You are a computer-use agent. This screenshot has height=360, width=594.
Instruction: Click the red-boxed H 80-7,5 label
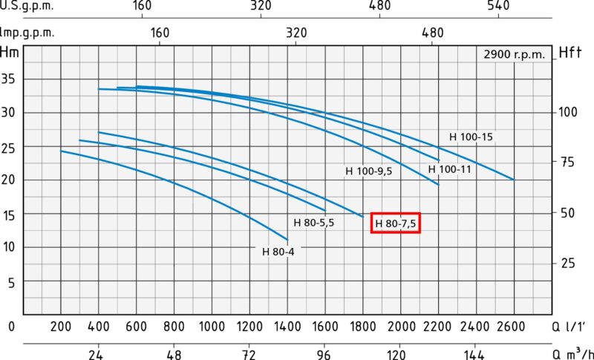tap(396, 223)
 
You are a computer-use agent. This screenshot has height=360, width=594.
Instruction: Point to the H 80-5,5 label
tap(314, 222)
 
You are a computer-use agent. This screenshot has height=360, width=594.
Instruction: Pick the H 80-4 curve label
tap(278, 251)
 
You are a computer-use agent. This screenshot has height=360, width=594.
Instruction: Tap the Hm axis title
tap(10, 52)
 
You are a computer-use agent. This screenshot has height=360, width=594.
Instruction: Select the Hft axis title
tap(569, 52)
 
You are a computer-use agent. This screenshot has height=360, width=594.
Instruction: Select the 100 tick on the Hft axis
tap(567, 112)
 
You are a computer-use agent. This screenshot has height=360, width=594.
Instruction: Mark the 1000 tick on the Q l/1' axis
tap(212, 327)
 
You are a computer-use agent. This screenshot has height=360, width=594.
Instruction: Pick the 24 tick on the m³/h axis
tap(96, 355)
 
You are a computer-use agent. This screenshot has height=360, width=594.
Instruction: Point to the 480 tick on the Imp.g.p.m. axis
tap(432, 33)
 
